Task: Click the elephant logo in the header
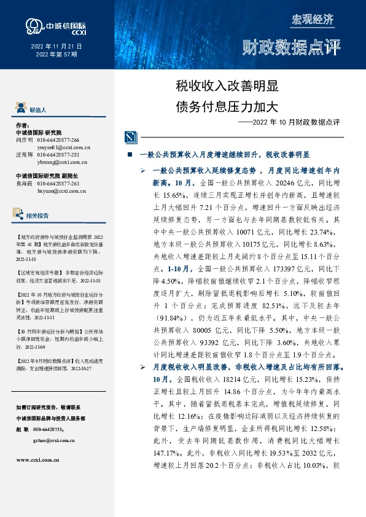(33, 25)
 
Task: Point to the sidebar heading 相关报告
(38, 216)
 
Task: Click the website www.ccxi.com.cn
(37, 459)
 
